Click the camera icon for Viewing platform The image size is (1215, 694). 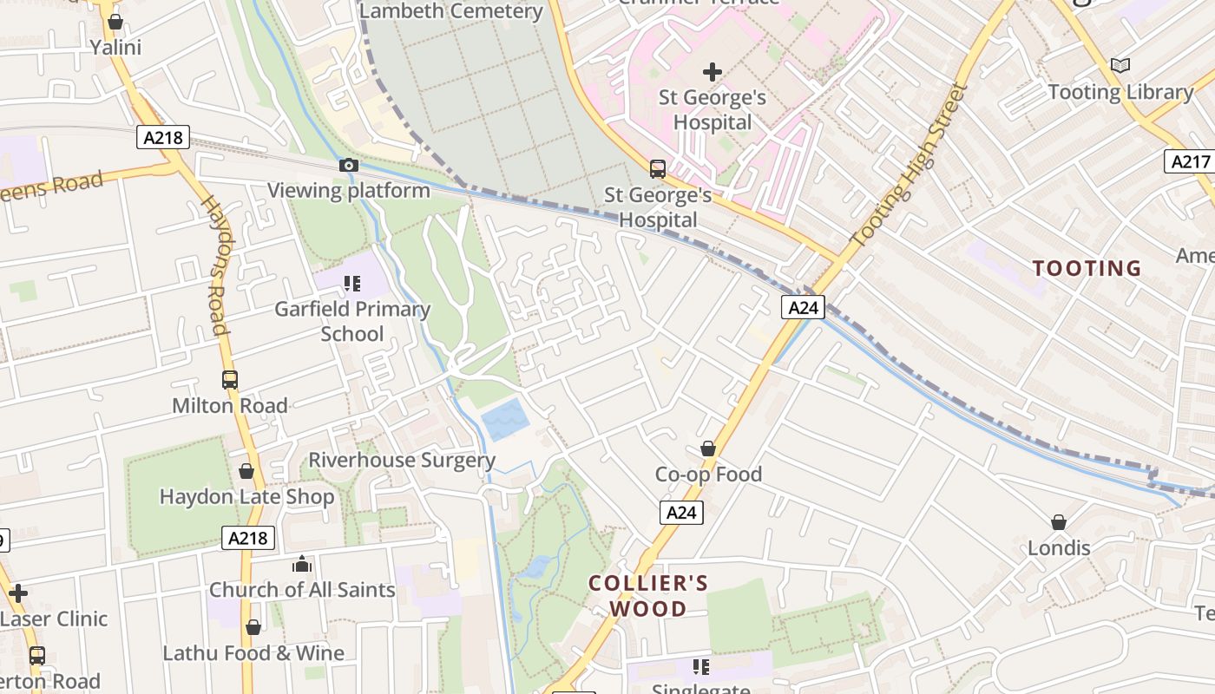pyautogui.click(x=348, y=165)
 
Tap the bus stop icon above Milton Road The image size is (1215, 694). pyautogui.click(x=230, y=380)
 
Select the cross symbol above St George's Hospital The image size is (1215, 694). pyautogui.click(x=713, y=71)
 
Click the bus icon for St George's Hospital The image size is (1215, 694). pyautogui.click(x=658, y=168)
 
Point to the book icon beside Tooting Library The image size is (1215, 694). pyautogui.click(x=1120, y=65)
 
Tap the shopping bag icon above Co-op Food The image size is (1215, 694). pyautogui.click(x=708, y=448)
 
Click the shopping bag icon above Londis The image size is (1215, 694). pyautogui.click(x=1059, y=522)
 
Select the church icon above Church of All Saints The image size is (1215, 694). pyautogui.click(x=302, y=564)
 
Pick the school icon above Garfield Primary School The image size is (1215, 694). pyautogui.click(x=351, y=283)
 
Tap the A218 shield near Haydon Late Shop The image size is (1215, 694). pyautogui.click(x=247, y=538)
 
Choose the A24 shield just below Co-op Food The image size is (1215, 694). pyautogui.click(x=681, y=513)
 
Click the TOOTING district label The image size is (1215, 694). pyautogui.click(x=1087, y=269)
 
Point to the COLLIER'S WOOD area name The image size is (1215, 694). pyautogui.click(x=648, y=596)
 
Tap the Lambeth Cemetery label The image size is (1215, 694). pyautogui.click(x=450, y=11)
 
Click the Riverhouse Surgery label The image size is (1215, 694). pyautogui.click(x=402, y=460)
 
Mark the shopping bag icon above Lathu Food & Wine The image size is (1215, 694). pyautogui.click(x=253, y=627)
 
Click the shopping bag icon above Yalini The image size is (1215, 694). pyautogui.click(x=115, y=22)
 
